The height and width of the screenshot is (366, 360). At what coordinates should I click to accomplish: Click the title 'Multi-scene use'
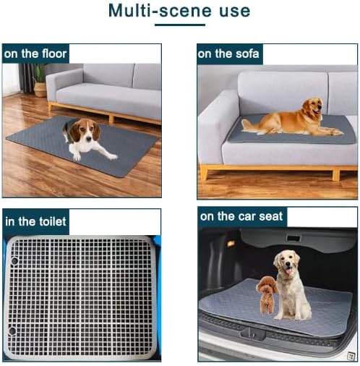[x=179, y=12]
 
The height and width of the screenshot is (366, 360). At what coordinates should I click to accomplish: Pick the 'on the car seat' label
[x=241, y=216]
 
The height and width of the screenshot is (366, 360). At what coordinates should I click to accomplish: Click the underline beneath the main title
[x=179, y=25]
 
